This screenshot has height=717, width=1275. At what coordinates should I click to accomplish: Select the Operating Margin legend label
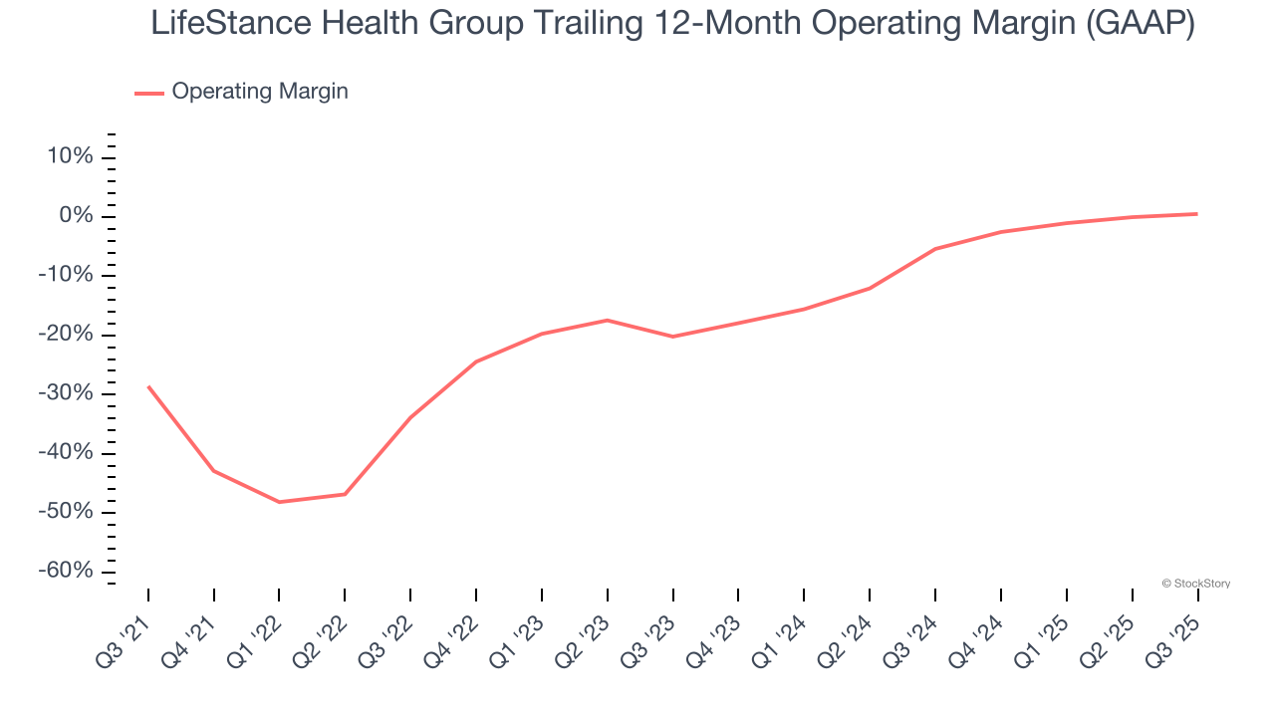[x=260, y=92]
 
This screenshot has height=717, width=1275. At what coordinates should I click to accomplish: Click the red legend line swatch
[x=149, y=93]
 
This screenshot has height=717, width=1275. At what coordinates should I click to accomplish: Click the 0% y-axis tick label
[x=75, y=216]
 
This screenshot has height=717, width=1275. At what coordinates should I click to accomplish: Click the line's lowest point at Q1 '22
[x=279, y=502]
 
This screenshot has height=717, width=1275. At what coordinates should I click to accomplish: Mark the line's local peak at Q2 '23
[x=608, y=320]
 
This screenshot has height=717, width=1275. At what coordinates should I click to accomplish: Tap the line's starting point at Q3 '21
[x=148, y=386]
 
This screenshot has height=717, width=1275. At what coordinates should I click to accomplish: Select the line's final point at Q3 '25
[x=1197, y=214]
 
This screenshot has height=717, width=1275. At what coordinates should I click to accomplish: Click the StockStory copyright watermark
[x=1195, y=584]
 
